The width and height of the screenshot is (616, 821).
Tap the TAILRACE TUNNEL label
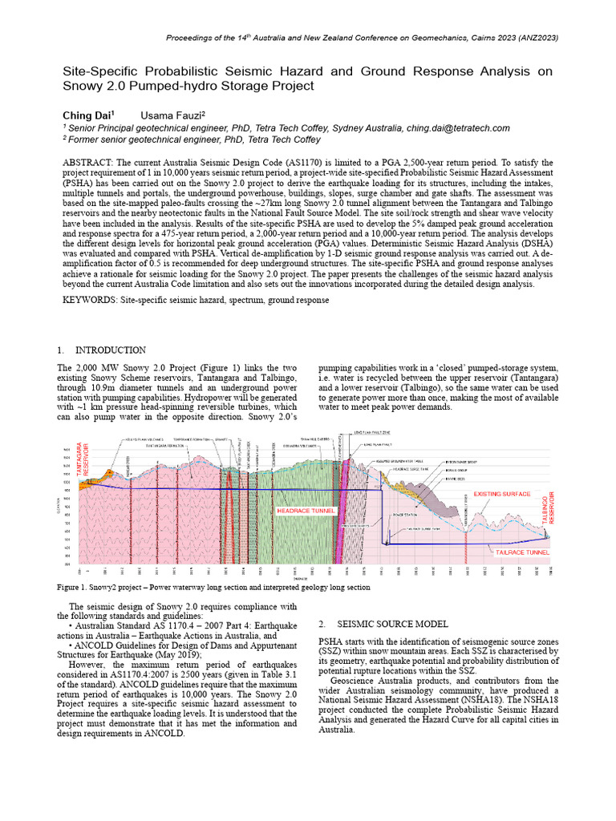coord(521,552)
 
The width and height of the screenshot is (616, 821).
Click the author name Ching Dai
coord(88,115)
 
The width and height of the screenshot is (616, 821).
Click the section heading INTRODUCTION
coord(111,350)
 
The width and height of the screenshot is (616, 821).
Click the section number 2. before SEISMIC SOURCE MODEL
coord(322,624)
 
